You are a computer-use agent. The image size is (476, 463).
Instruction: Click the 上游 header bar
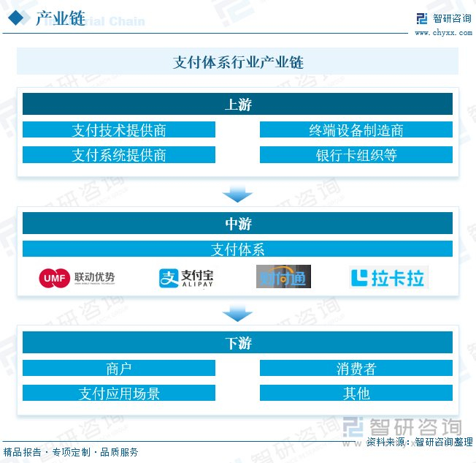click(237, 105)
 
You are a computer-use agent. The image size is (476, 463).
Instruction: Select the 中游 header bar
click(237, 224)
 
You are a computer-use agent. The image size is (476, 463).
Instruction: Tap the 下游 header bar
click(237, 343)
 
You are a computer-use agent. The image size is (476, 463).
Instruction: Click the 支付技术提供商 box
click(119, 130)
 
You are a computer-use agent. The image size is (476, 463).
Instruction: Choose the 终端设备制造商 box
click(356, 130)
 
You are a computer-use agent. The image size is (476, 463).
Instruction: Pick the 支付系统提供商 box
click(119, 155)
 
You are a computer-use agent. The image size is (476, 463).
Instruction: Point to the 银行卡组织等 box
click(356, 155)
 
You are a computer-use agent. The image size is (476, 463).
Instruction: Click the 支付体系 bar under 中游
click(237, 249)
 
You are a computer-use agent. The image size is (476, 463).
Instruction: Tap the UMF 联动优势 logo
click(77, 278)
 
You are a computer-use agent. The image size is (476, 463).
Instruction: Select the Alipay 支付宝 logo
click(186, 278)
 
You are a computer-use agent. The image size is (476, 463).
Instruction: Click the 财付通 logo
click(283, 277)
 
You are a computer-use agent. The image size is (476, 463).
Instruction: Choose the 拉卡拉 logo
click(388, 278)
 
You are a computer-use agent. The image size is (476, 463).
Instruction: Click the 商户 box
click(119, 369)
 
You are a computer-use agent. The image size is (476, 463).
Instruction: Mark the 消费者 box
click(356, 369)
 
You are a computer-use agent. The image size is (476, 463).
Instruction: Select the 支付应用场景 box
click(119, 394)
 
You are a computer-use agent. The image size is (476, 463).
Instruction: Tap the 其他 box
click(356, 394)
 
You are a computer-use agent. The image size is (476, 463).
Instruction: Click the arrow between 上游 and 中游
click(237, 195)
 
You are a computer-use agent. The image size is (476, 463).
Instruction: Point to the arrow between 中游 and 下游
click(237, 314)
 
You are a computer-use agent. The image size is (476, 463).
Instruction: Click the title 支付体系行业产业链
click(238, 62)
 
